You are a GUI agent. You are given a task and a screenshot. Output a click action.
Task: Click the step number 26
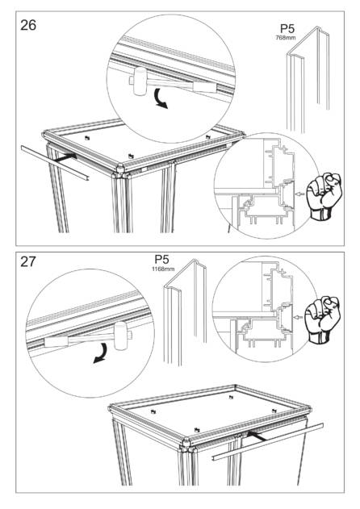[x=28, y=25]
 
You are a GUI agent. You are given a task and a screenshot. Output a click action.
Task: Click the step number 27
[x=28, y=261]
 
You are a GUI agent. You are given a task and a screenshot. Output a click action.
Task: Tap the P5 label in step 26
[x=287, y=29]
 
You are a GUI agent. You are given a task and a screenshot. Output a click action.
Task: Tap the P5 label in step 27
[x=161, y=260]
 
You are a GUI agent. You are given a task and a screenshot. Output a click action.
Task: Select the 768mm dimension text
[x=286, y=37]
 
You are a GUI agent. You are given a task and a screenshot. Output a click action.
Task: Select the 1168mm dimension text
[x=163, y=269]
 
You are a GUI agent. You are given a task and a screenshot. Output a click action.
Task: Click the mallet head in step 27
[x=121, y=336]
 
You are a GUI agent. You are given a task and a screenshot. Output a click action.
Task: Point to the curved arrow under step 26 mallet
[x=160, y=98]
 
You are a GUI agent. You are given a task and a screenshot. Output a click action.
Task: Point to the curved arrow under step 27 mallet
[x=102, y=353]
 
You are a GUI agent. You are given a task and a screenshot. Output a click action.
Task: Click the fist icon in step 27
[x=323, y=320]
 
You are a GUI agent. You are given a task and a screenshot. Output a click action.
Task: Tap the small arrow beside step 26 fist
[x=300, y=194]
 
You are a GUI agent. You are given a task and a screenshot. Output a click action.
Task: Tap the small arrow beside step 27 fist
[x=298, y=317]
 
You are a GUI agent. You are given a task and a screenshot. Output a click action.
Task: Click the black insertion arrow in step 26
[x=65, y=158]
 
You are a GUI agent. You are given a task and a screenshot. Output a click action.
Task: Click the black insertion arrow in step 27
[x=257, y=436]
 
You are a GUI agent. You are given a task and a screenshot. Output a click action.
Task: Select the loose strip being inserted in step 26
[x=55, y=163]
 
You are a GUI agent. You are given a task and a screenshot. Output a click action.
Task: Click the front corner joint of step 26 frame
[x=120, y=170]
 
